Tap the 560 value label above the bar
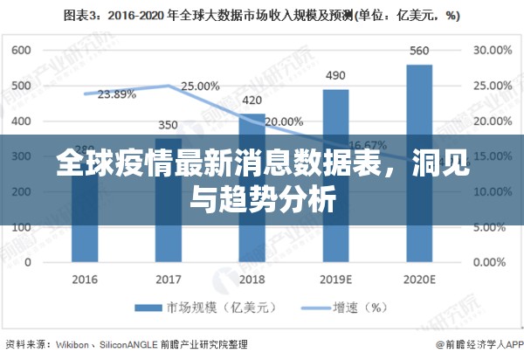(x=419, y=51)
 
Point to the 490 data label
(x=336, y=75)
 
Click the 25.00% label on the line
(x=200, y=86)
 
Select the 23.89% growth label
(x=116, y=93)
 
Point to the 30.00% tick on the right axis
(x=492, y=51)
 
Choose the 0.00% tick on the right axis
(x=492, y=261)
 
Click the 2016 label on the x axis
(x=85, y=280)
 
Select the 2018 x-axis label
(x=252, y=280)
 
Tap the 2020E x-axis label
(x=419, y=280)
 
